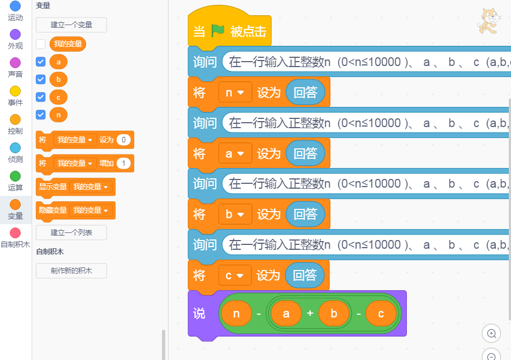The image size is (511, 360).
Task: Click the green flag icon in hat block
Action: [218, 31]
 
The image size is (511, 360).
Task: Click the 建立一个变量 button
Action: [71, 25]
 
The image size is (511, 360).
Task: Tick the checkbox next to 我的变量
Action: [41, 44]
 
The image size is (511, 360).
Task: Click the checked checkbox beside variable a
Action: [41, 62]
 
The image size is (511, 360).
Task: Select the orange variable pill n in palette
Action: [58, 115]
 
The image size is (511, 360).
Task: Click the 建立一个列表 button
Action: [71, 232]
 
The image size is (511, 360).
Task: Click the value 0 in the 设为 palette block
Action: [124, 140]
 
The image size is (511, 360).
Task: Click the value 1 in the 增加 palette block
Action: [124, 163]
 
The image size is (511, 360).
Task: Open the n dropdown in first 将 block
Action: [235, 93]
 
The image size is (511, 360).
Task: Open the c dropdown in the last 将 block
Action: [235, 275]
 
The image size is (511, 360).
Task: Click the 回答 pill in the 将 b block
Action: [305, 214]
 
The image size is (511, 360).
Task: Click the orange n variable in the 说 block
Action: [236, 314]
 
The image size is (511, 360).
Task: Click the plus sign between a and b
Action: [310, 314]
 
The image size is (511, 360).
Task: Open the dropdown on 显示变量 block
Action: [92, 187]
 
